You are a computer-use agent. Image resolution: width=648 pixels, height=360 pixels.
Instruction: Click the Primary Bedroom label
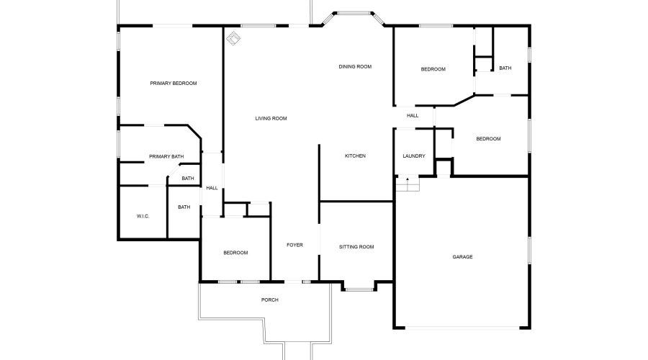(173, 84)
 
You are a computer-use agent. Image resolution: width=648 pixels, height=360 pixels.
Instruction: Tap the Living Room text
(271, 119)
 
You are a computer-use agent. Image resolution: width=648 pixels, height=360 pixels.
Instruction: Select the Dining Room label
(355, 67)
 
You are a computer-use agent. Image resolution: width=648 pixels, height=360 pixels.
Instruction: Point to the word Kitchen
(355, 156)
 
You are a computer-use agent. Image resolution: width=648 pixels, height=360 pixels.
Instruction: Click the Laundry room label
(413, 156)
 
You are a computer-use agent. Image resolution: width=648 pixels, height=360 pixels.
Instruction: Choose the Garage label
(462, 257)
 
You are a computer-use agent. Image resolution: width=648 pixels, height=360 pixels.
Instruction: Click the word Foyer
(294, 246)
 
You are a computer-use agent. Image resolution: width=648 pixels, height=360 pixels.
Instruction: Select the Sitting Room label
(356, 247)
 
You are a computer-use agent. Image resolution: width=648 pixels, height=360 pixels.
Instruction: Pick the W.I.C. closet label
(143, 216)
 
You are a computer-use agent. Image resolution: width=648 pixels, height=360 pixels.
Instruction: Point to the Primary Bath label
(166, 157)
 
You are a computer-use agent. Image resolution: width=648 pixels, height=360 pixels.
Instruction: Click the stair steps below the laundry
(408, 184)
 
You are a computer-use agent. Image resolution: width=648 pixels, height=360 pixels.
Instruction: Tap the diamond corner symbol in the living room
(233, 37)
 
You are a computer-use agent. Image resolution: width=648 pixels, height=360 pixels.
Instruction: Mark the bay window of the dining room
(354, 13)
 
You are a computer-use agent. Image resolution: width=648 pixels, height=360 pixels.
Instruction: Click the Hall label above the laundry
(413, 115)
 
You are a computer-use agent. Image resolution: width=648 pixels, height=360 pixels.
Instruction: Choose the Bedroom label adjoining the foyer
(235, 253)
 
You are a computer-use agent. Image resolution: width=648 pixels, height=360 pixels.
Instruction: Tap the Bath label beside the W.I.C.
(184, 207)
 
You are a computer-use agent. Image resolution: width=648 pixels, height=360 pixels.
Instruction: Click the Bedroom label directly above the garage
(488, 139)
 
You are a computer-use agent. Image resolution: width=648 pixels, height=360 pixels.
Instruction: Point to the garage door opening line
(462, 328)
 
